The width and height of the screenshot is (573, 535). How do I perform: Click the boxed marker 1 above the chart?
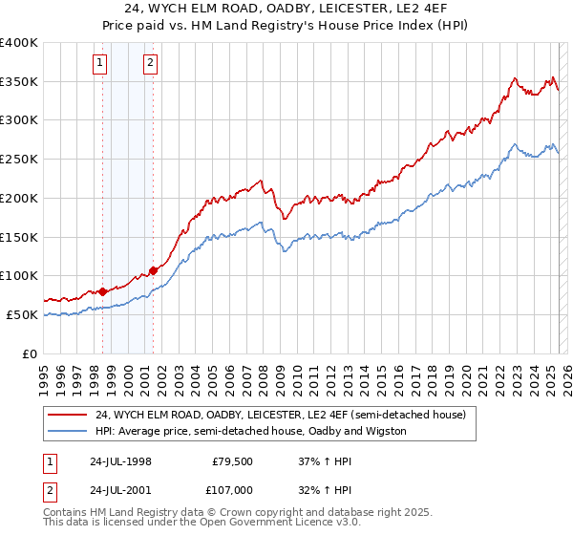(101, 64)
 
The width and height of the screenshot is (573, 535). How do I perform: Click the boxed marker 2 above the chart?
(151, 64)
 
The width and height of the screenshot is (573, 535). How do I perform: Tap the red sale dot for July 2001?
(153, 270)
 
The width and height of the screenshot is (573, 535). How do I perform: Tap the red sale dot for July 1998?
(102, 291)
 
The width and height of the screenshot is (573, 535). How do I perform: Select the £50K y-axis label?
(22, 314)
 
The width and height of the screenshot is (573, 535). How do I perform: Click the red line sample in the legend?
(67, 415)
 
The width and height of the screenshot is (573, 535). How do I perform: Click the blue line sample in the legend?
(67, 431)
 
